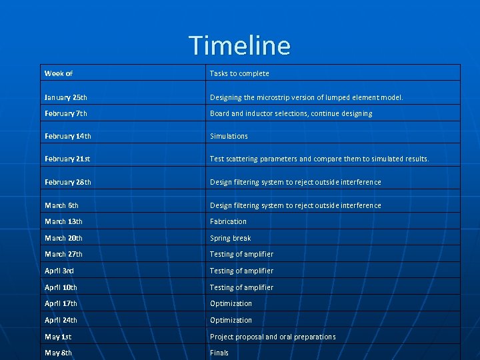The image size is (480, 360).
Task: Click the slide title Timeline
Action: click(240, 45)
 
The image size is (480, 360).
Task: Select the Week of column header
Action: click(59, 73)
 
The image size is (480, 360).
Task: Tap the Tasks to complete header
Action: click(239, 73)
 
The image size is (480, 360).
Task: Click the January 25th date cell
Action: click(66, 97)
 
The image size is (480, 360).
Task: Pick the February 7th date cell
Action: click(66, 113)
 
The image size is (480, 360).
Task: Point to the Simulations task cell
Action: click(229, 136)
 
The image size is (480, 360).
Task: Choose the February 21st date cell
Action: click(67, 159)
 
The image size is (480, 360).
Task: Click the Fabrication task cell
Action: click(228, 221)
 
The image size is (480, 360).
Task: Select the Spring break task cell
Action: click(230, 238)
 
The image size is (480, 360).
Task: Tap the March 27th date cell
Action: click(64, 254)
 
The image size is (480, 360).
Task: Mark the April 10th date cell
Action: click(61, 287)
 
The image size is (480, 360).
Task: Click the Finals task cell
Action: click(219, 353)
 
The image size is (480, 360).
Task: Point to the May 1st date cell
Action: click(59, 337)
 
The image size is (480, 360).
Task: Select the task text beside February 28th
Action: click(295, 182)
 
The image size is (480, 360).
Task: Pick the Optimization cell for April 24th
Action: click(231, 320)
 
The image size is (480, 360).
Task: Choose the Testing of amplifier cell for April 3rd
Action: click(241, 271)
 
